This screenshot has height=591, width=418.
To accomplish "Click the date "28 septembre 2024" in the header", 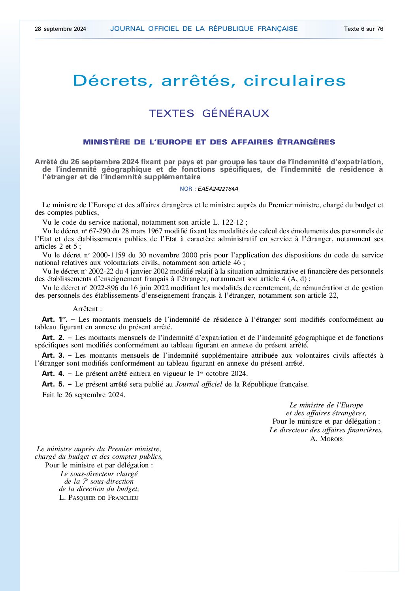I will tap(60, 29).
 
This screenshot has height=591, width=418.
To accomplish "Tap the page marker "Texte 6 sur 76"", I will tap(363, 29).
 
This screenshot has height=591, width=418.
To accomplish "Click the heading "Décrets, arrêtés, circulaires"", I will tap(209, 81).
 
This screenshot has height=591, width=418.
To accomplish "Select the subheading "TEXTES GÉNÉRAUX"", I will tap(209, 113).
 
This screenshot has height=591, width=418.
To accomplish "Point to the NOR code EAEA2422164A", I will tap(218, 189).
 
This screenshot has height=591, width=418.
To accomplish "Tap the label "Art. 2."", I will tap(53, 338).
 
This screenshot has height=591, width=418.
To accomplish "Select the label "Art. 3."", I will tap(53, 355).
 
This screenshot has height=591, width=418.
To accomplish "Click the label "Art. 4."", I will tap(53, 373).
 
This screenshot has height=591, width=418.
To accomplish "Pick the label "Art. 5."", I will tap(53, 384).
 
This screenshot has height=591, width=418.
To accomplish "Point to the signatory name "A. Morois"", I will tap(326, 439).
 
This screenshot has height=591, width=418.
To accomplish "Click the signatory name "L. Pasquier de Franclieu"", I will tap(99, 497).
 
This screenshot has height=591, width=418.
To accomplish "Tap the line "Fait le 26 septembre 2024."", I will tap(84, 395).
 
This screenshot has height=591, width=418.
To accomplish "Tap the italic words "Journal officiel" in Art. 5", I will tap(199, 384).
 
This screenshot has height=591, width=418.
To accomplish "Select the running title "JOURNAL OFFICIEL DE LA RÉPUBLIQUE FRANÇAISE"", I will tap(204, 29).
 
